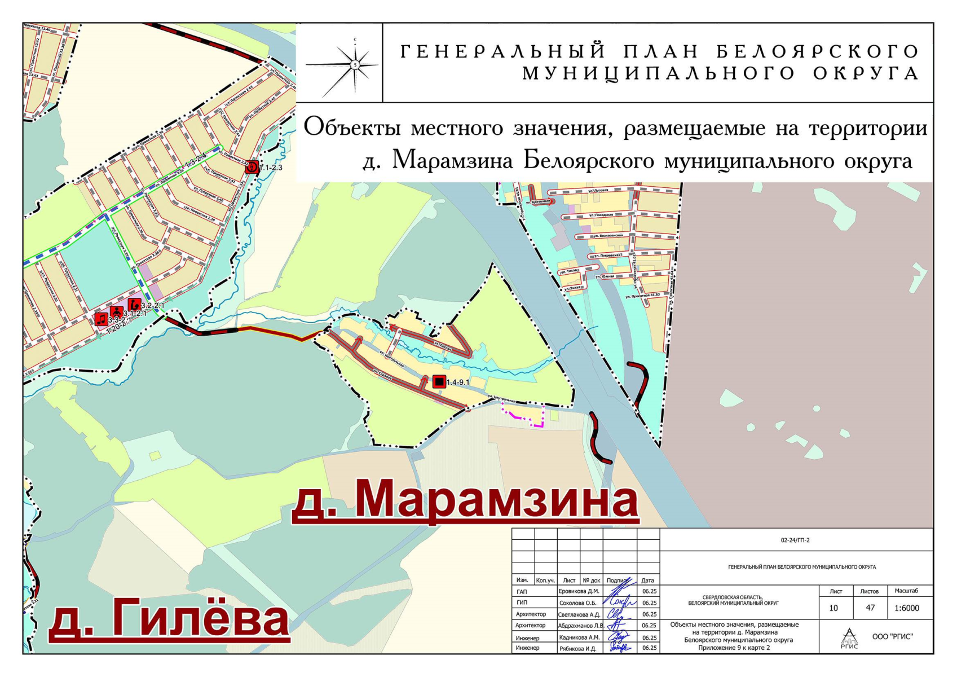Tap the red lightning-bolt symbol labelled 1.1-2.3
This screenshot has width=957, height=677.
[252, 166]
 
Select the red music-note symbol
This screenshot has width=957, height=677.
[101, 319]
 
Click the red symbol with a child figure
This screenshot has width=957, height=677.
[116, 312]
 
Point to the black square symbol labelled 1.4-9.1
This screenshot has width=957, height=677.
[439, 382]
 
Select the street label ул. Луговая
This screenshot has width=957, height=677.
[598, 191]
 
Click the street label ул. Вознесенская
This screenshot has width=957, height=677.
[608, 235]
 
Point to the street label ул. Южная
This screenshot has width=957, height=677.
[607, 276]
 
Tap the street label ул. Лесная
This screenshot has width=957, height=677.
[442, 345]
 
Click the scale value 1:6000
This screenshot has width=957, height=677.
[906, 608]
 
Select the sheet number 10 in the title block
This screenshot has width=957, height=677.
[833, 608]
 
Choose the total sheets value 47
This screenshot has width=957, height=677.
[870, 608]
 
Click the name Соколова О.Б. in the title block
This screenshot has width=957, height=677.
[577, 603]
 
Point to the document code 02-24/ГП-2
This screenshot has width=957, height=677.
[795, 540]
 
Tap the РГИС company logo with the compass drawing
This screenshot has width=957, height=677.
[849, 638]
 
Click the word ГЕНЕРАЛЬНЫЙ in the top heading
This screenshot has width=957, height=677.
[502, 52]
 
